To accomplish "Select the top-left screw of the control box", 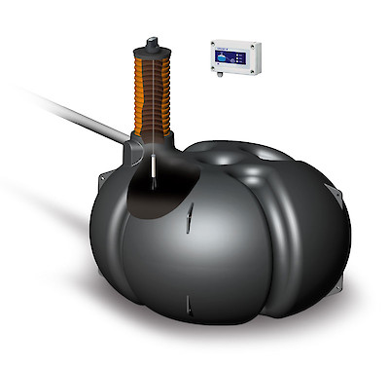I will (x=213, y=43).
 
